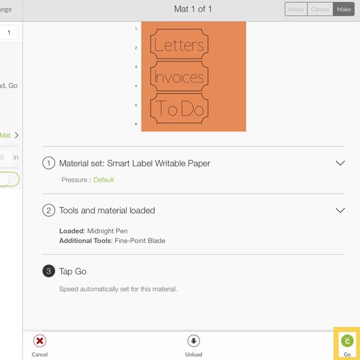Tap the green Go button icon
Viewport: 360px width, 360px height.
[347, 341]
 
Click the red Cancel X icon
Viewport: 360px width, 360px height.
[40, 341]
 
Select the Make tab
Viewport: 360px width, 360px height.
[344, 9]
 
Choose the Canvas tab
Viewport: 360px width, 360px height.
[320, 9]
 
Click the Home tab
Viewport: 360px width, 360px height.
[296, 9]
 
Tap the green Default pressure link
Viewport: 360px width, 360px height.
[103, 179]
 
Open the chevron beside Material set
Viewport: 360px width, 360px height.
[341, 163]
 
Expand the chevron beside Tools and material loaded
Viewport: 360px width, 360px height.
[341, 210]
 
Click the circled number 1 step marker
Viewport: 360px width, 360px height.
[49, 163]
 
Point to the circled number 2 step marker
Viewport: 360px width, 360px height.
[49, 211]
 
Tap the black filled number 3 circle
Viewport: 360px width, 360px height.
[49, 271]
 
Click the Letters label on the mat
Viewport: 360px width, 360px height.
[179, 44]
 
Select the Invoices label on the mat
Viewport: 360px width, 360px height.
[179, 76]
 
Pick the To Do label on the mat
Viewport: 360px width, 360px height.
[179, 108]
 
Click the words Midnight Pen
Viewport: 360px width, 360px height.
[107, 231]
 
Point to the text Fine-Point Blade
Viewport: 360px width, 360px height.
[140, 240]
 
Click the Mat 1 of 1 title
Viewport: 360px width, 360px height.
[193, 9]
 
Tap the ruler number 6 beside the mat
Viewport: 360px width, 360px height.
[136, 124]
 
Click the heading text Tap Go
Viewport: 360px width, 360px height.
[73, 272]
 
